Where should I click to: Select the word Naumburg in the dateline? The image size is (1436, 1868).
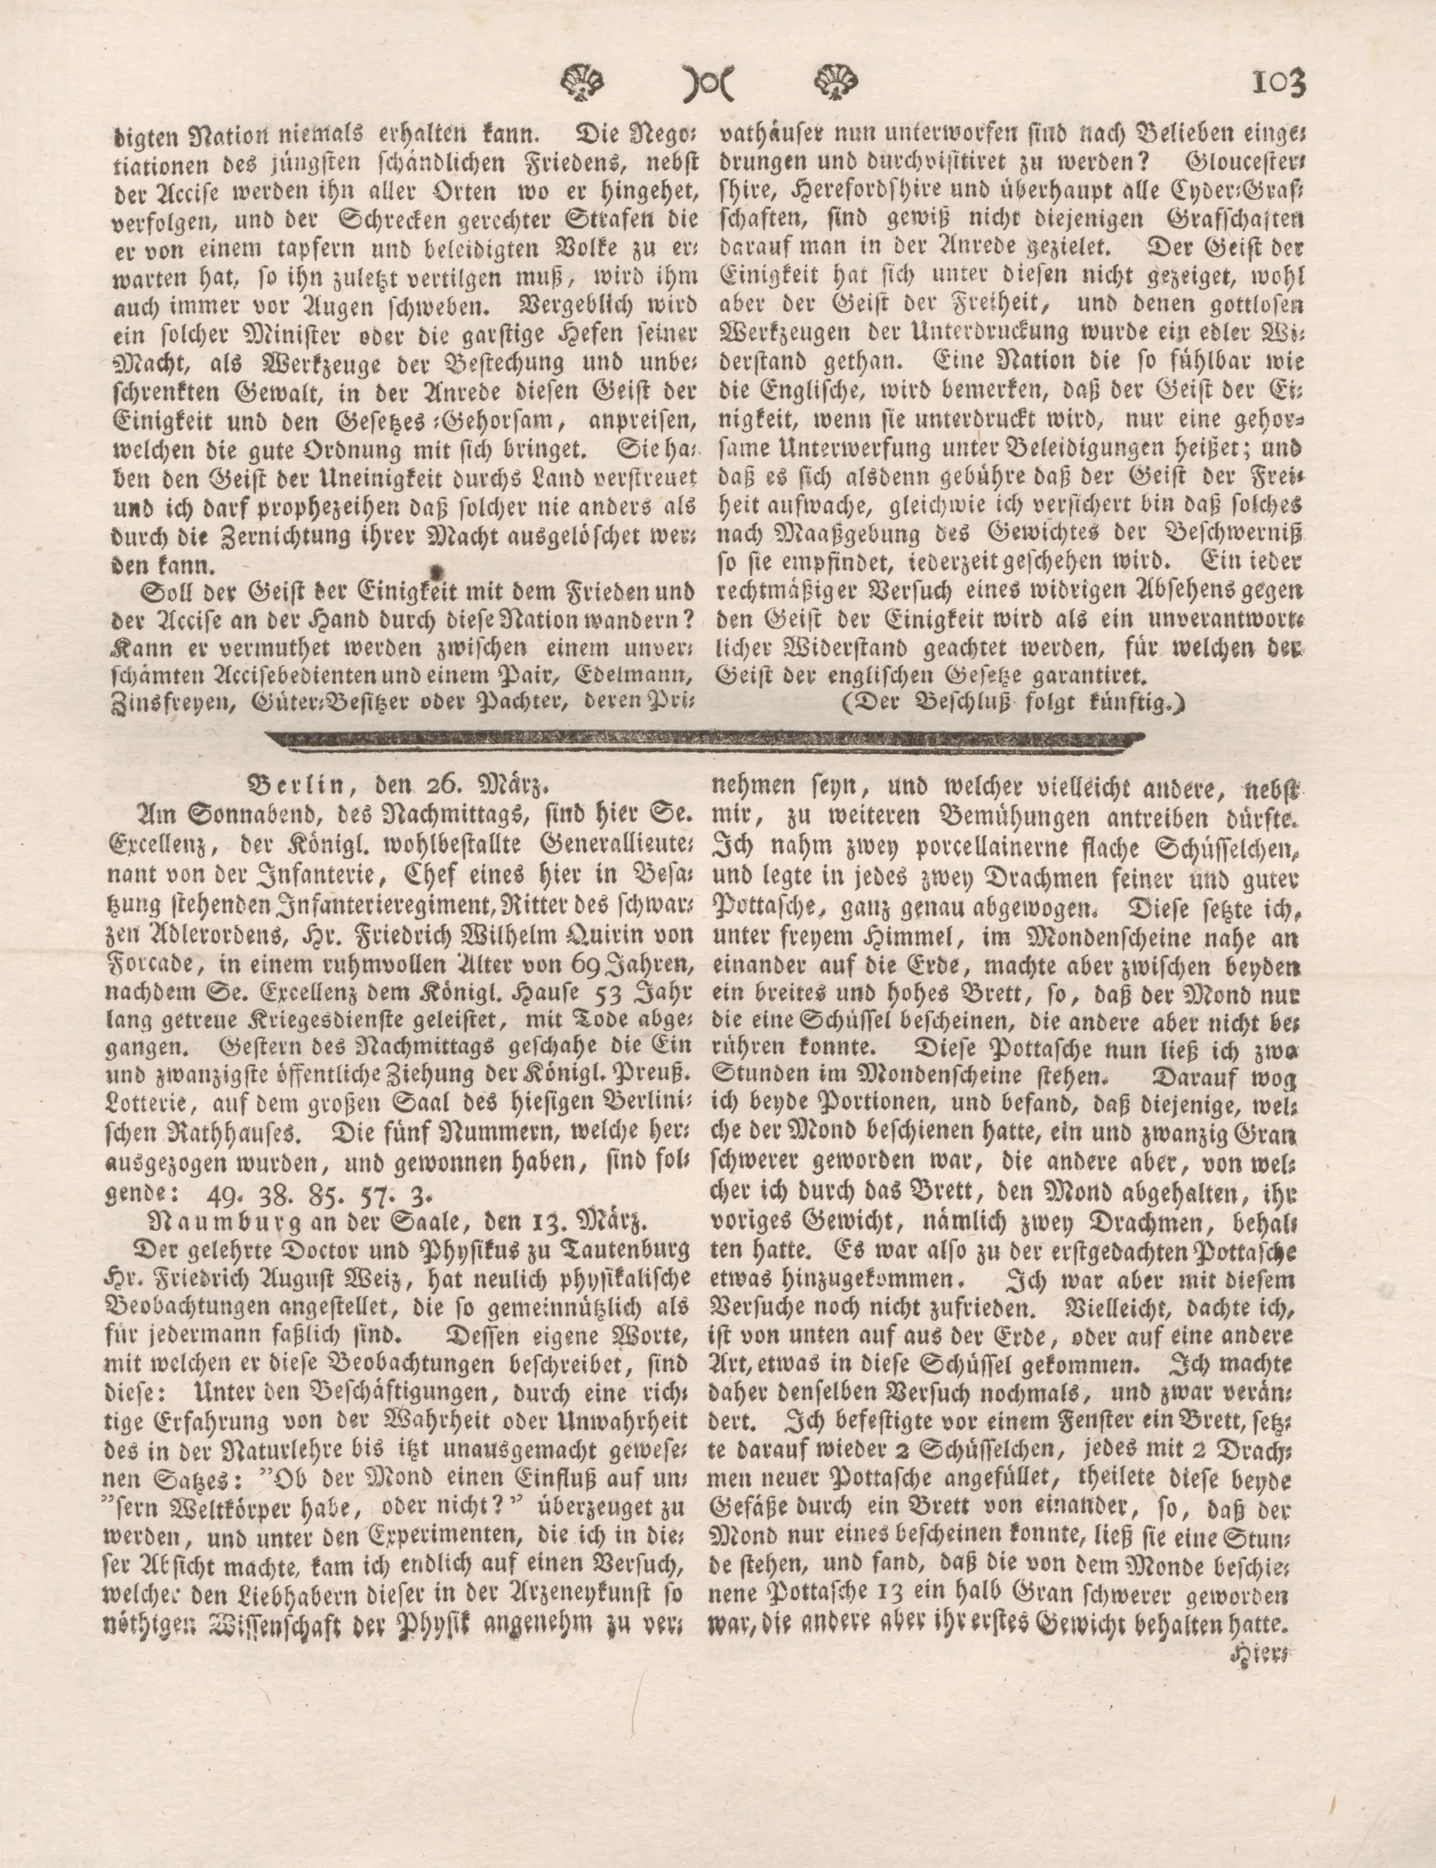point(212,1218)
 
